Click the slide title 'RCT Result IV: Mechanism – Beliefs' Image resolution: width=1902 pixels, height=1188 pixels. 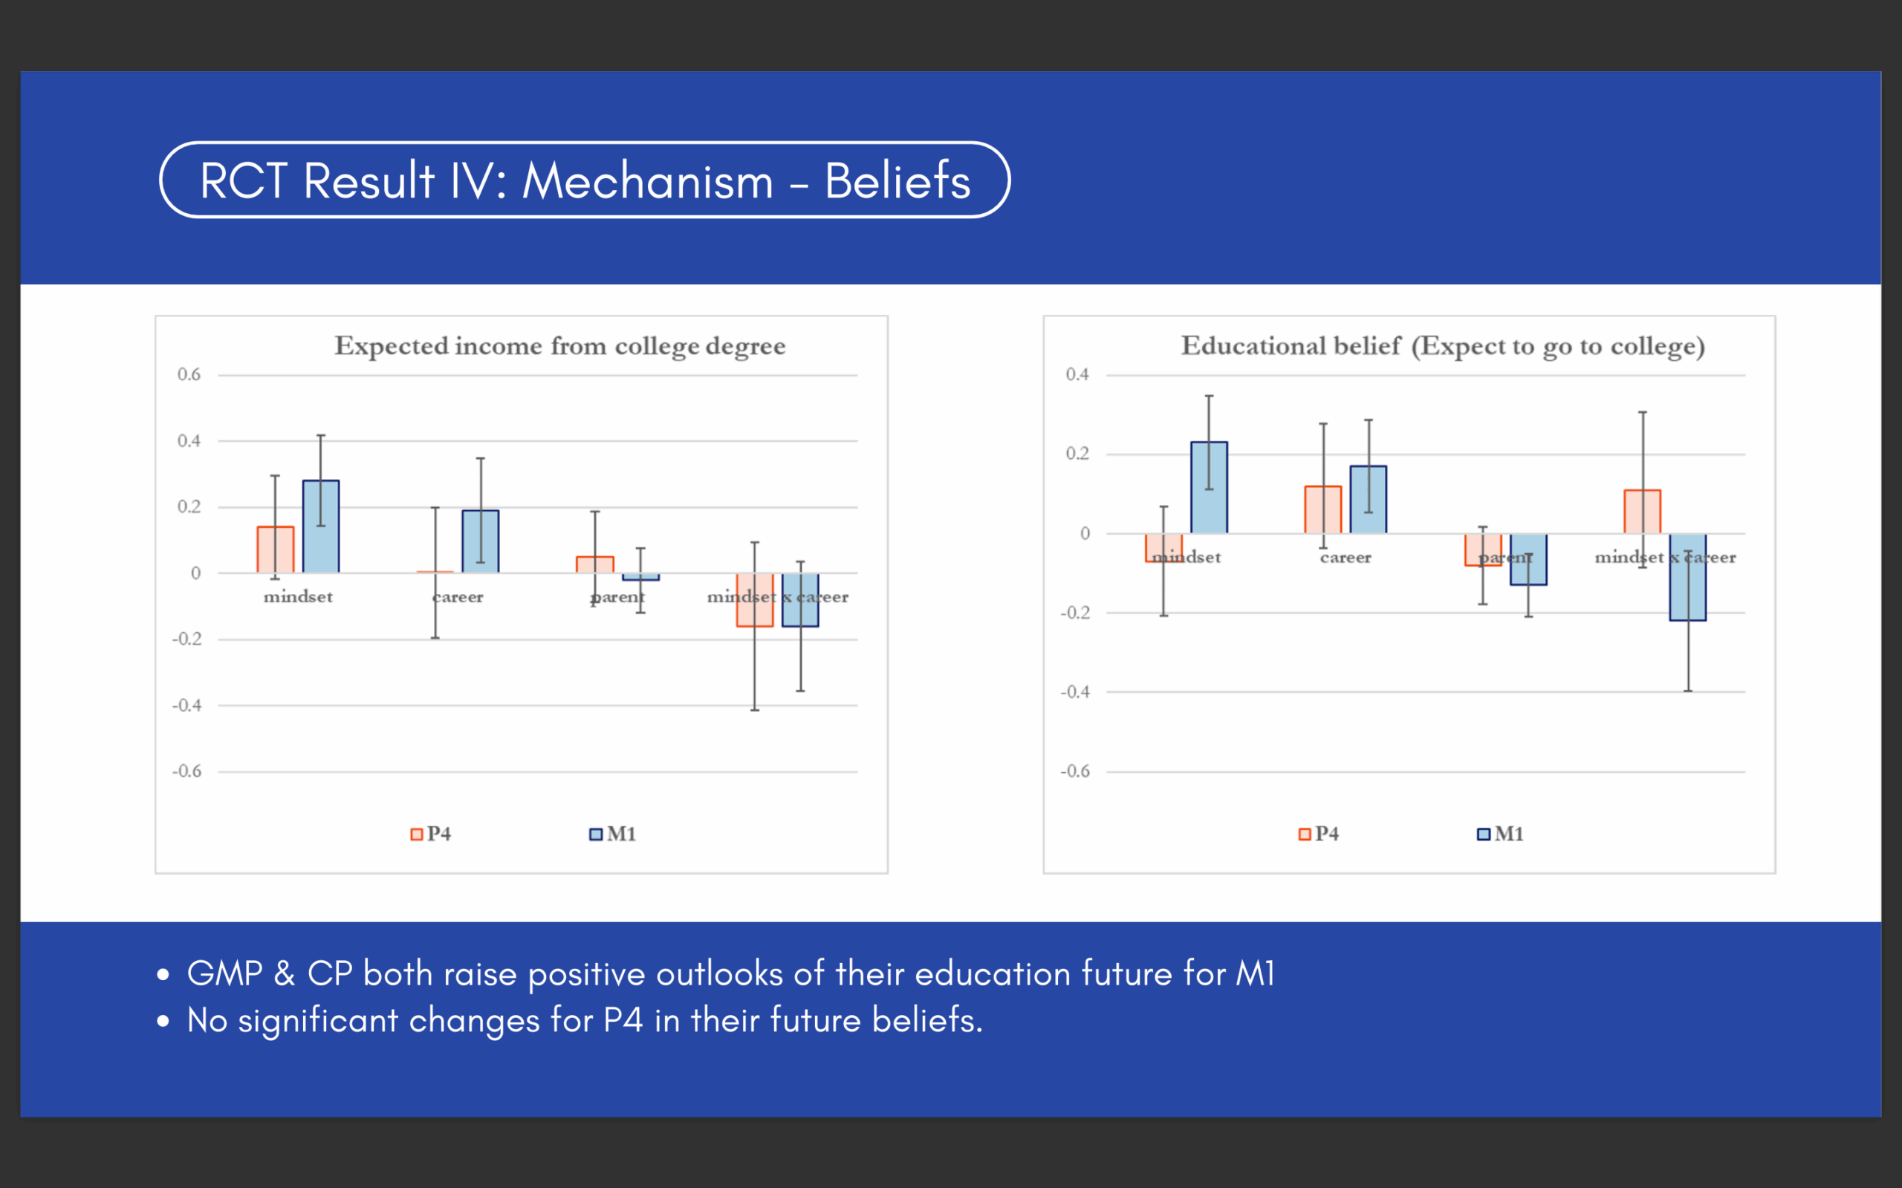585,180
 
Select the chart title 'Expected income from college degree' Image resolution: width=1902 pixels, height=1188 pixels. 559,346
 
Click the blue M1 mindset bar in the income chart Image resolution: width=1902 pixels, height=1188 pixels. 321,526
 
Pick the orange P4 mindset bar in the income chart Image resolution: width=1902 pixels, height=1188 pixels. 275,549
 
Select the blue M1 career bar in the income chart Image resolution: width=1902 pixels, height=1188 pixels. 480,541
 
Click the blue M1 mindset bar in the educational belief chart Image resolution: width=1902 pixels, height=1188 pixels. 1209,487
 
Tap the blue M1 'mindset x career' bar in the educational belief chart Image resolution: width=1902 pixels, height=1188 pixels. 1687,578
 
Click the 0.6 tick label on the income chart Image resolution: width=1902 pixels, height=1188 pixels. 189,375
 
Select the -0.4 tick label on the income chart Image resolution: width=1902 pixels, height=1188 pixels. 187,705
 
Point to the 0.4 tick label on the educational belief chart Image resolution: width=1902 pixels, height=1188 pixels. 1077,375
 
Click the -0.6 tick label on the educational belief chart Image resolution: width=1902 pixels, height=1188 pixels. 1075,771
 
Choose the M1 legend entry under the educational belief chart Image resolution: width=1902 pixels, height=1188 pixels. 1500,834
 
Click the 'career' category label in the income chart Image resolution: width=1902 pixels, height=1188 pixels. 458,597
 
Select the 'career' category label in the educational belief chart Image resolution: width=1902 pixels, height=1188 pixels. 1346,558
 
